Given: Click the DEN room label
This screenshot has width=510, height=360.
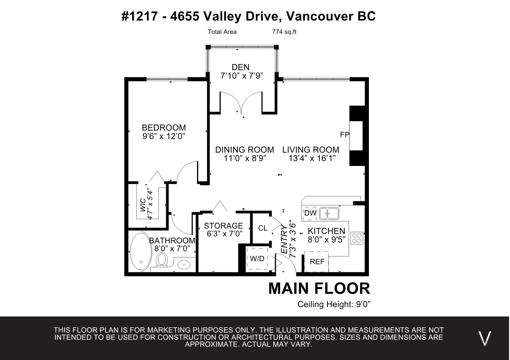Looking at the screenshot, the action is [x=240, y=67].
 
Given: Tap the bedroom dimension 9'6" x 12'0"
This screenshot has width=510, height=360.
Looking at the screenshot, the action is [x=164, y=136].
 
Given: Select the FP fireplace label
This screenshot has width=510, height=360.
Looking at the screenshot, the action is [x=344, y=135].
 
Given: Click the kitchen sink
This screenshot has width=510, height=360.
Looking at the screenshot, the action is [x=329, y=213].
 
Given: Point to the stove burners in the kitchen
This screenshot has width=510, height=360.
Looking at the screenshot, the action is [x=357, y=238].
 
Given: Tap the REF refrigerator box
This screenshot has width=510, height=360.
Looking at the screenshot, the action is [x=317, y=261].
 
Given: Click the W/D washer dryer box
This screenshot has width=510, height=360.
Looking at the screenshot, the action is [x=257, y=259].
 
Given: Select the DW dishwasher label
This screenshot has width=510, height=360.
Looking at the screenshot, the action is [x=310, y=213].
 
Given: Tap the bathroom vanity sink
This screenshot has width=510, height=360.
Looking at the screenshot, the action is [x=184, y=265].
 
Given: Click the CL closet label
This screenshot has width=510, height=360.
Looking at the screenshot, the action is [x=263, y=228].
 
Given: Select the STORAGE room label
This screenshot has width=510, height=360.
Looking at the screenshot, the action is [x=223, y=226].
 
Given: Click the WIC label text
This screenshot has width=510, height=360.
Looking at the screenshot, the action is [x=143, y=205].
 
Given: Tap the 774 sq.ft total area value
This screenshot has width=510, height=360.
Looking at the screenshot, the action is [x=284, y=32].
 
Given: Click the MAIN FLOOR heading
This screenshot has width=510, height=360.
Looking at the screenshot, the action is [x=319, y=289].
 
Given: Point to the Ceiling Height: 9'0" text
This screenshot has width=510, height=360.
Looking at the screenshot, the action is [x=334, y=304].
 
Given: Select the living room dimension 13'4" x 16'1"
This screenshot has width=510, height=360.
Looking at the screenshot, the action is [x=312, y=158].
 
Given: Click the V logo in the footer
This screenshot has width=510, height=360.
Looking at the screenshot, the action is [x=485, y=338].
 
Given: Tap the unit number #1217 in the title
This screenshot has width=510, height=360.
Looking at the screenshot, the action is [x=140, y=16].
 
